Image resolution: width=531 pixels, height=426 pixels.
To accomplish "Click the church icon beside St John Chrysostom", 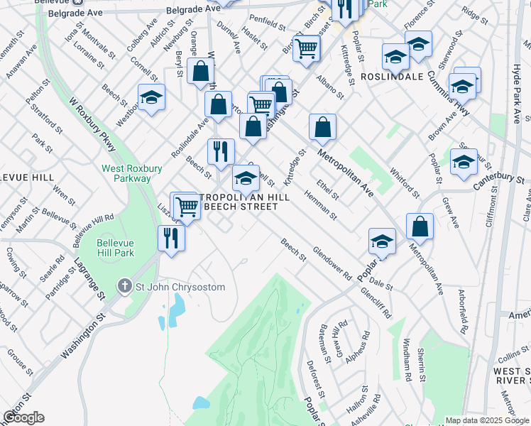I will [125, 287].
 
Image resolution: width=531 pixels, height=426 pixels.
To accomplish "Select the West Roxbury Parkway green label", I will [126, 173].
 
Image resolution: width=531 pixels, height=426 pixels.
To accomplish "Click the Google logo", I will [23, 417].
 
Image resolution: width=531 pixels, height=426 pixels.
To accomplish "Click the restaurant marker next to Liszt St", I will [171, 238].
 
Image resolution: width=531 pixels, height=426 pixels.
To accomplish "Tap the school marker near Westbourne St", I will [151, 97].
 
